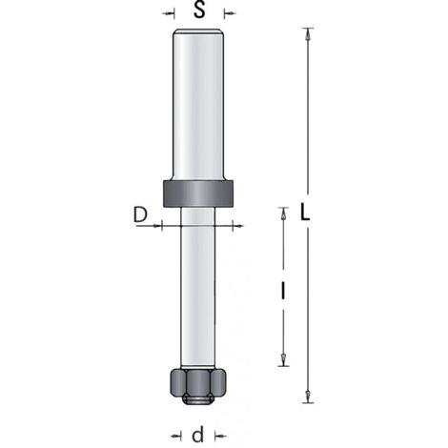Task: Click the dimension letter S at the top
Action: coord(199,10)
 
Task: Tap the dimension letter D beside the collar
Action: coord(140,214)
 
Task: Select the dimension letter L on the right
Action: coord(305,213)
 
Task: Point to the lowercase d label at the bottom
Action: coord(197,436)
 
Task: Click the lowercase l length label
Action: coord(282,292)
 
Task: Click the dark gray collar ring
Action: coord(198,193)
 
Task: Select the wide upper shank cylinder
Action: coord(198,104)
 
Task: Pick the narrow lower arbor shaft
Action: coord(197,288)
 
